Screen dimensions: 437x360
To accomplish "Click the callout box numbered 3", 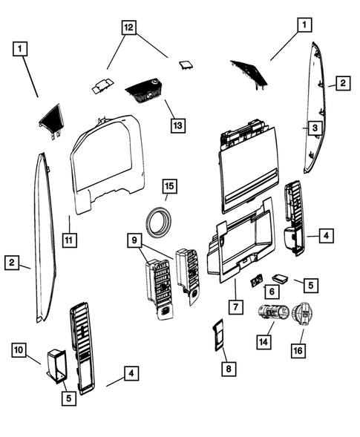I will [x=314, y=128].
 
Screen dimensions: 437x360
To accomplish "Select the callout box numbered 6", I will [x=271, y=292].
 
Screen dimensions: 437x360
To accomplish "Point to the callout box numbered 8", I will [x=227, y=367].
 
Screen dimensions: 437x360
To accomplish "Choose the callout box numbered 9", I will [x=134, y=241].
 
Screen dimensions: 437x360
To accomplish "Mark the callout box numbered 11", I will [x=69, y=240].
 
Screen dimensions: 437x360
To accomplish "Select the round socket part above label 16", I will [x=304, y=315].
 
